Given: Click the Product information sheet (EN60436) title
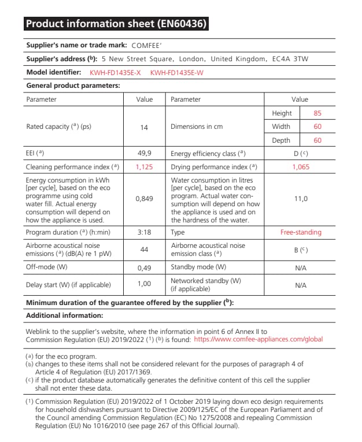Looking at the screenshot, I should tap(115, 24).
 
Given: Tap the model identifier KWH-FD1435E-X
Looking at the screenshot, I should tap(115, 73).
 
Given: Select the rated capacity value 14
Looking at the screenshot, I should tap(144, 127).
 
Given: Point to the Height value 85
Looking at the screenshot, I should tap(317, 113).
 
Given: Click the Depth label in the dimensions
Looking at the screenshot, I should tap(282, 140).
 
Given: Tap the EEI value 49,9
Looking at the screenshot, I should tap(144, 154).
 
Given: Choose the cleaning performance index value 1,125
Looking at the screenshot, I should tap(144, 167).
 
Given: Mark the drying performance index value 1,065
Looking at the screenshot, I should tap(301, 167).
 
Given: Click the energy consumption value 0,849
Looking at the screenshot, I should tap(144, 199).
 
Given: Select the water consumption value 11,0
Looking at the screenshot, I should tap(301, 199).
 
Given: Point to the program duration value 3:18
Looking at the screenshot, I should tap(144, 232).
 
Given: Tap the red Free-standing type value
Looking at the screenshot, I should tap(301, 232).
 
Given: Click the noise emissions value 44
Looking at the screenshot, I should tap(144, 250).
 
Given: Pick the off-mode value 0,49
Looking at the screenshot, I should tap(144, 268).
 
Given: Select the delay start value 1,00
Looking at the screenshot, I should tap(144, 284).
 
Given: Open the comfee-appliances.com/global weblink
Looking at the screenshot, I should tap(258, 340).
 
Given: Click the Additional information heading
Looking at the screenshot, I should tap(65, 315).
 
